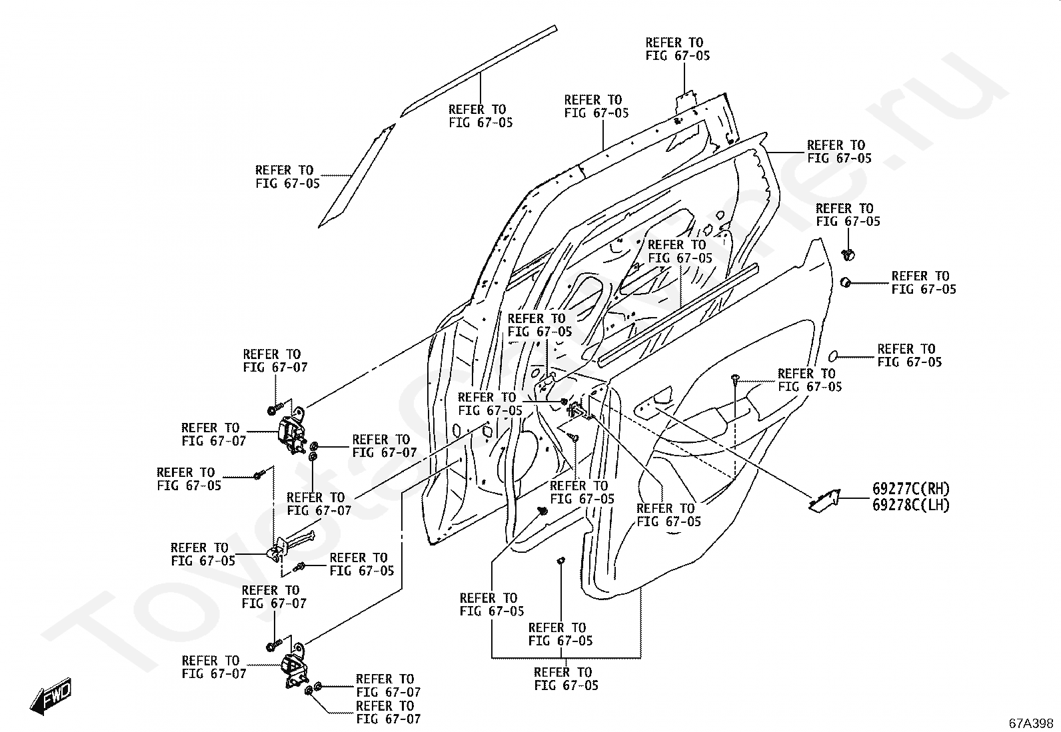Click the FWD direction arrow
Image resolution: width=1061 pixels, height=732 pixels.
point(51,695)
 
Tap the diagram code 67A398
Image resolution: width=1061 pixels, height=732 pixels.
point(1031,723)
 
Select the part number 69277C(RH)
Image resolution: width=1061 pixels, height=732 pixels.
point(911,488)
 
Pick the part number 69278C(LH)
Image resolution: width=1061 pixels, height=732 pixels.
point(911,505)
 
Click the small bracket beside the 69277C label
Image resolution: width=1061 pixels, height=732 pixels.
point(824,501)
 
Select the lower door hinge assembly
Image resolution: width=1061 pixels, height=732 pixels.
point(295,665)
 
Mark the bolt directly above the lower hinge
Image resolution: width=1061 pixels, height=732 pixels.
point(275,645)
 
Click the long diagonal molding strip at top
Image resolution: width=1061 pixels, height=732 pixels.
point(479,71)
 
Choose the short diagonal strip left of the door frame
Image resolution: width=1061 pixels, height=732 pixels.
point(356,176)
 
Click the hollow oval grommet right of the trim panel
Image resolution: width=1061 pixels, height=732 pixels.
point(834,356)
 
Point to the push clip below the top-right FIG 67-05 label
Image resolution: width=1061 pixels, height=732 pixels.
point(848,254)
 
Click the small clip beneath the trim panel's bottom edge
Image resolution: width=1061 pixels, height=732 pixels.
point(560,560)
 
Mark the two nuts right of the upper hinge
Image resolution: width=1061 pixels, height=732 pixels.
point(313,451)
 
